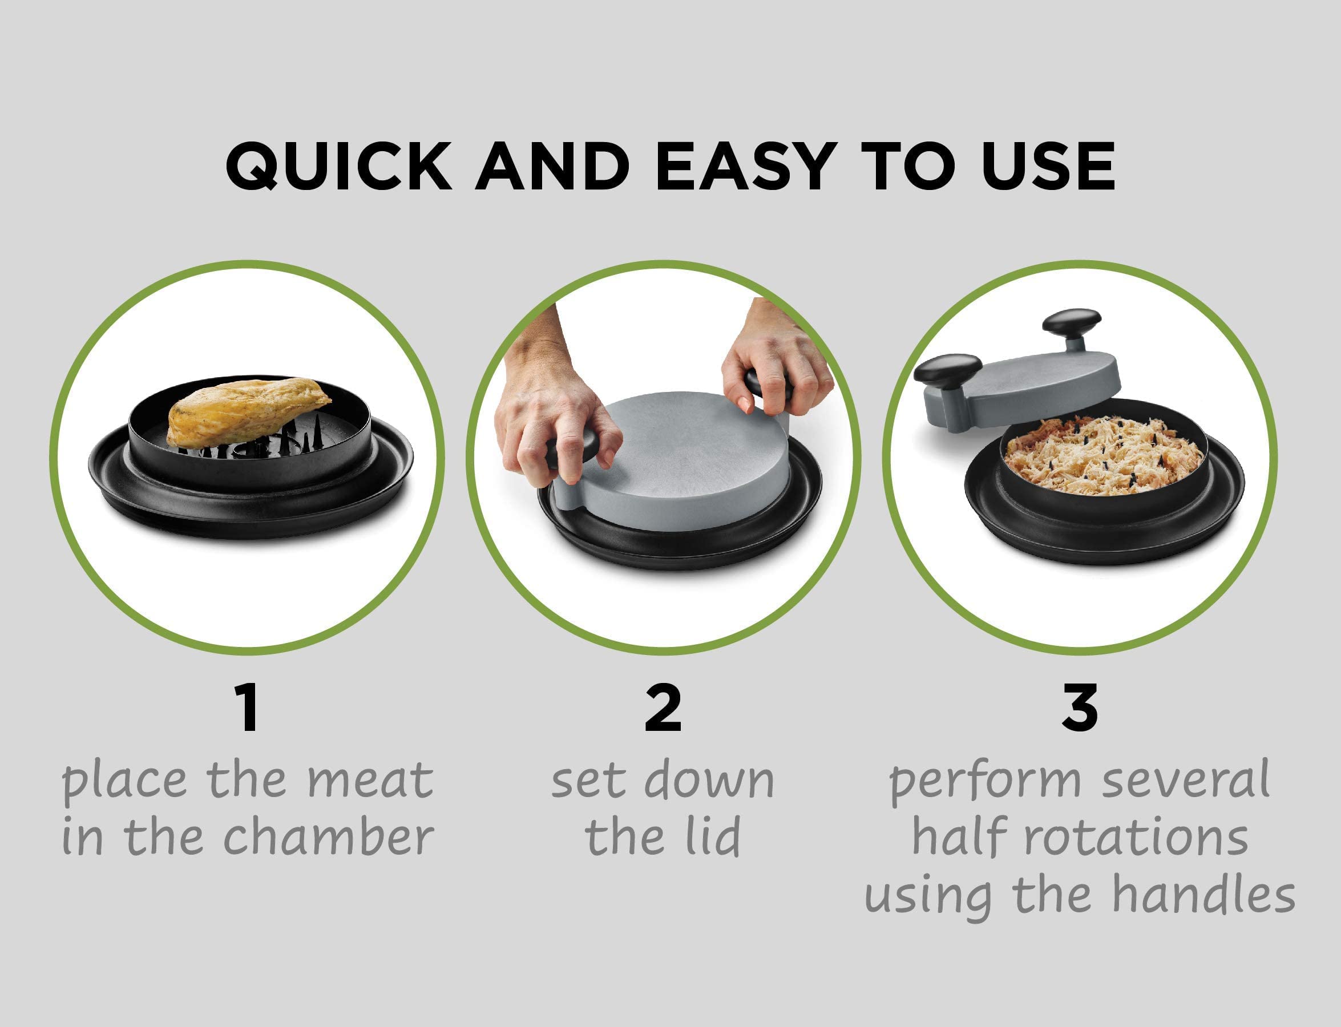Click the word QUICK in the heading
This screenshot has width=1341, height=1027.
(338, 167)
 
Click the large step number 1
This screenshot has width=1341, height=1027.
(248, 709)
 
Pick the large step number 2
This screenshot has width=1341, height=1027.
(663, 709)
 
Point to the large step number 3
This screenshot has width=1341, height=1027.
(1080, 709)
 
